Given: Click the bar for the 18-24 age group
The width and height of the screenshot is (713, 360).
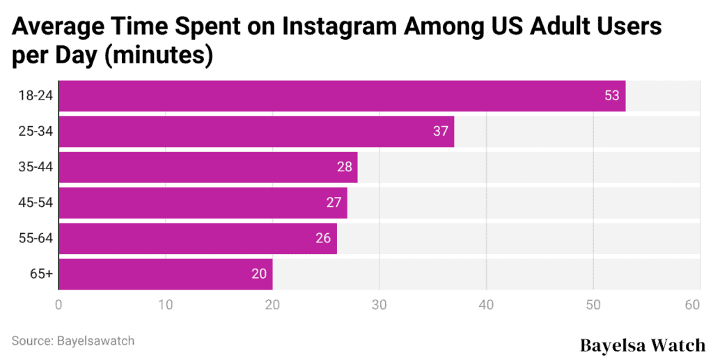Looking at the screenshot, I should [341, 95].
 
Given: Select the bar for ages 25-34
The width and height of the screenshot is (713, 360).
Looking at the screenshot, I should [256, 131].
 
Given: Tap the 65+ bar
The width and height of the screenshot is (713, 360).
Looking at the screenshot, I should [165, 274].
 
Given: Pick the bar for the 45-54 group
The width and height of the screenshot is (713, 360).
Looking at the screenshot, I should [202, 203].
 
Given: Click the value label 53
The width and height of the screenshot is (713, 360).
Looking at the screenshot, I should [611, 95].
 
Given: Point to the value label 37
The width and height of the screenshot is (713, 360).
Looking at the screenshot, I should [440, 131].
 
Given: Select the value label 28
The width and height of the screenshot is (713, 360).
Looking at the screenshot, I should [344, 167].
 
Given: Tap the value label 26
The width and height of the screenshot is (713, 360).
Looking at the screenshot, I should [322, 238].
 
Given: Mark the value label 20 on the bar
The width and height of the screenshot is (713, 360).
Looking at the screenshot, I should [259, 274].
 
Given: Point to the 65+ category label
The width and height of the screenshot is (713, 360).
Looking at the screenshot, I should [41, 274].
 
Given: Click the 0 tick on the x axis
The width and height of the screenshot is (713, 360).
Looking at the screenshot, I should [58, 304].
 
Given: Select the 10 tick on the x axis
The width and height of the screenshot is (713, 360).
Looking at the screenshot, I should [165, 304].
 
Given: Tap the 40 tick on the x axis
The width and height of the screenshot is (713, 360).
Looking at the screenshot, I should [486, 304].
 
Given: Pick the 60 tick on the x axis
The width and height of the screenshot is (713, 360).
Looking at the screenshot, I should [692, 304].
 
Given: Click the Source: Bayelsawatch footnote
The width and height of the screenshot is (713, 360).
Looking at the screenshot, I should [73, 341].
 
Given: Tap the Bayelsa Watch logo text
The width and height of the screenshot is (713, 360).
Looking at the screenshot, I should [642, 344].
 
